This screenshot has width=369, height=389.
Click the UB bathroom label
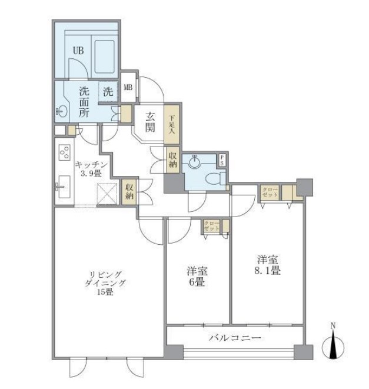tap(78, 51)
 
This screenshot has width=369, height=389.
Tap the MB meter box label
tap(128, 88)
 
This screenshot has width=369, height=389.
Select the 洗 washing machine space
tap(108, 92)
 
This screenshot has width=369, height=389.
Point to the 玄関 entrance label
tap(150, 121)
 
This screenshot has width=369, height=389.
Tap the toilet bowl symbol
tap(214, 178)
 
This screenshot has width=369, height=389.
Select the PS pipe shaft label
tap(222, 159)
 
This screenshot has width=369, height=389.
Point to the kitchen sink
tap(63, 188)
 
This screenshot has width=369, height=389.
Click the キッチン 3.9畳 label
tap(91, 168)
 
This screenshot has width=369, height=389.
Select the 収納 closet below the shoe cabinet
tap(172, 159)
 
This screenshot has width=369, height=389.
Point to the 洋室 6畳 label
tap(197, 277)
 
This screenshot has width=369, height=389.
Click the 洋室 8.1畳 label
tap(267, 264)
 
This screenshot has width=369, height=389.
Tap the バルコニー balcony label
tap(235, 338)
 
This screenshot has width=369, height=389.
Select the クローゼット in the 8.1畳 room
tap(270, 192)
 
